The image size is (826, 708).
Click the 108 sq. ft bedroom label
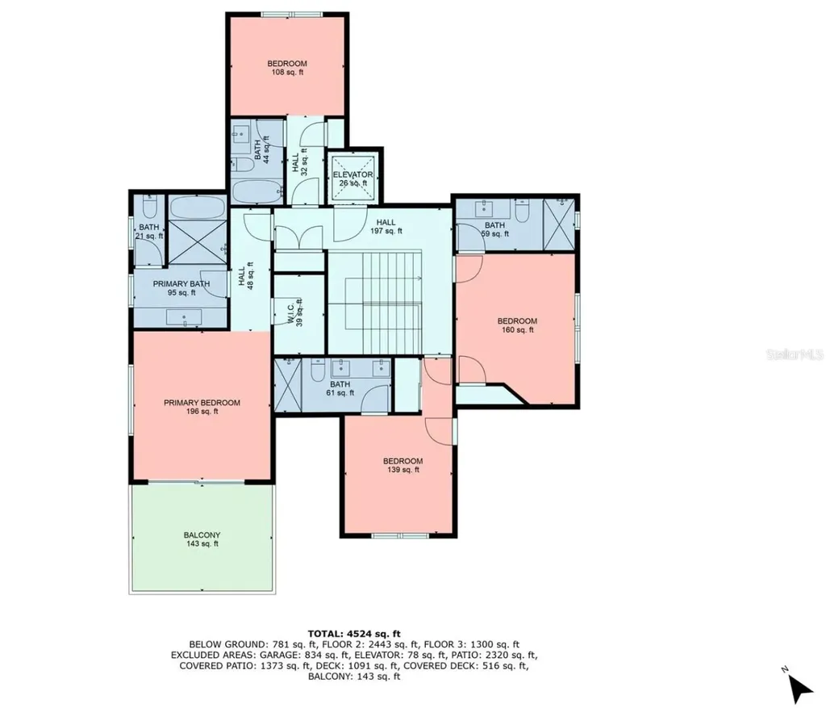[x=287, y=68]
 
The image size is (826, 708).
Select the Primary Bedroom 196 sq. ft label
[x=202, y=407]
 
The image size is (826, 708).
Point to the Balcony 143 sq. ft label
[x=202, y=539]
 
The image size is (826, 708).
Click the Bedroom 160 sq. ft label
[x=517, y=325]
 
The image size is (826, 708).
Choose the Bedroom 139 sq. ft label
[x=402, y=465]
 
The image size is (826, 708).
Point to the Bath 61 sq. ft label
[x=340, y=388]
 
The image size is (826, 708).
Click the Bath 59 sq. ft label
[x=494, y=229]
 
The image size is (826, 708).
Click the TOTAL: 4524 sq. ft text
[x=355, y=633]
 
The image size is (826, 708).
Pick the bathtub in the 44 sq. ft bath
[x=257, y=191]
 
